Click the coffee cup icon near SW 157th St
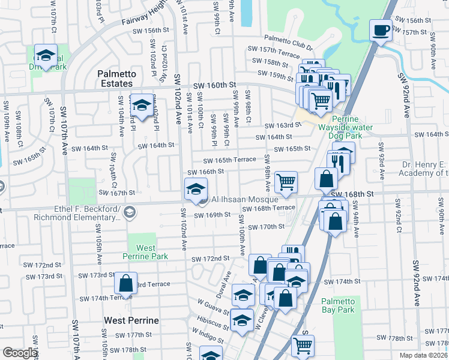[x=381, y=30]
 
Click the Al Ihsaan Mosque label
[x=244, y=199]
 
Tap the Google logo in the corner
[x=20, y=353]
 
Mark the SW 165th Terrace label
[x=229, y=160]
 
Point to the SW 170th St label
[x=263, y=227]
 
